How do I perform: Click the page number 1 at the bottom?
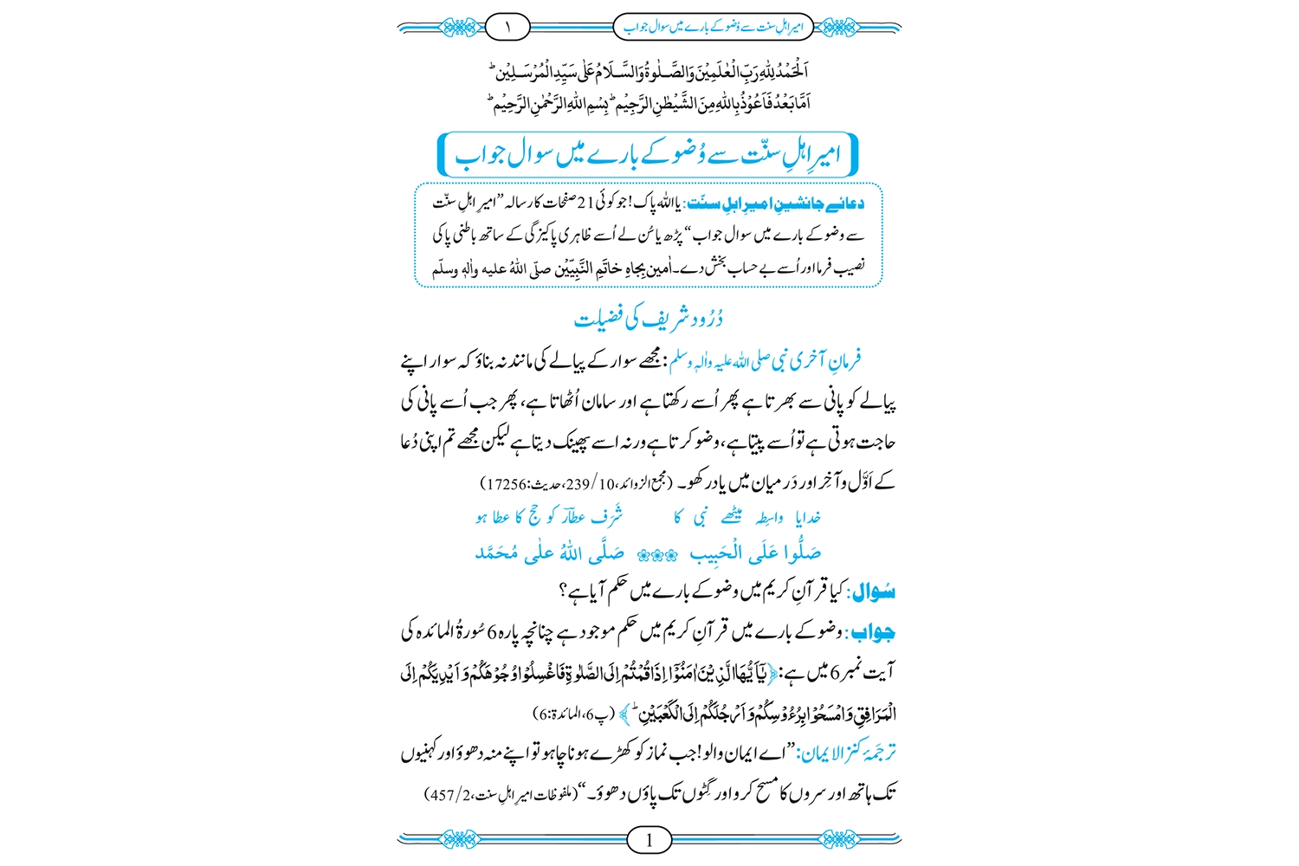pos(649,838)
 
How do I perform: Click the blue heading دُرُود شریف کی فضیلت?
pos(649,319)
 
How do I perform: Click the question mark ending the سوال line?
pos(564,593)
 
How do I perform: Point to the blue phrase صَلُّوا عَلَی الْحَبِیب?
pos(755,553)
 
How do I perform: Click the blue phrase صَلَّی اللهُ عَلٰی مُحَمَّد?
pos(550,553)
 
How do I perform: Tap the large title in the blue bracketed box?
pos(649,156)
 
